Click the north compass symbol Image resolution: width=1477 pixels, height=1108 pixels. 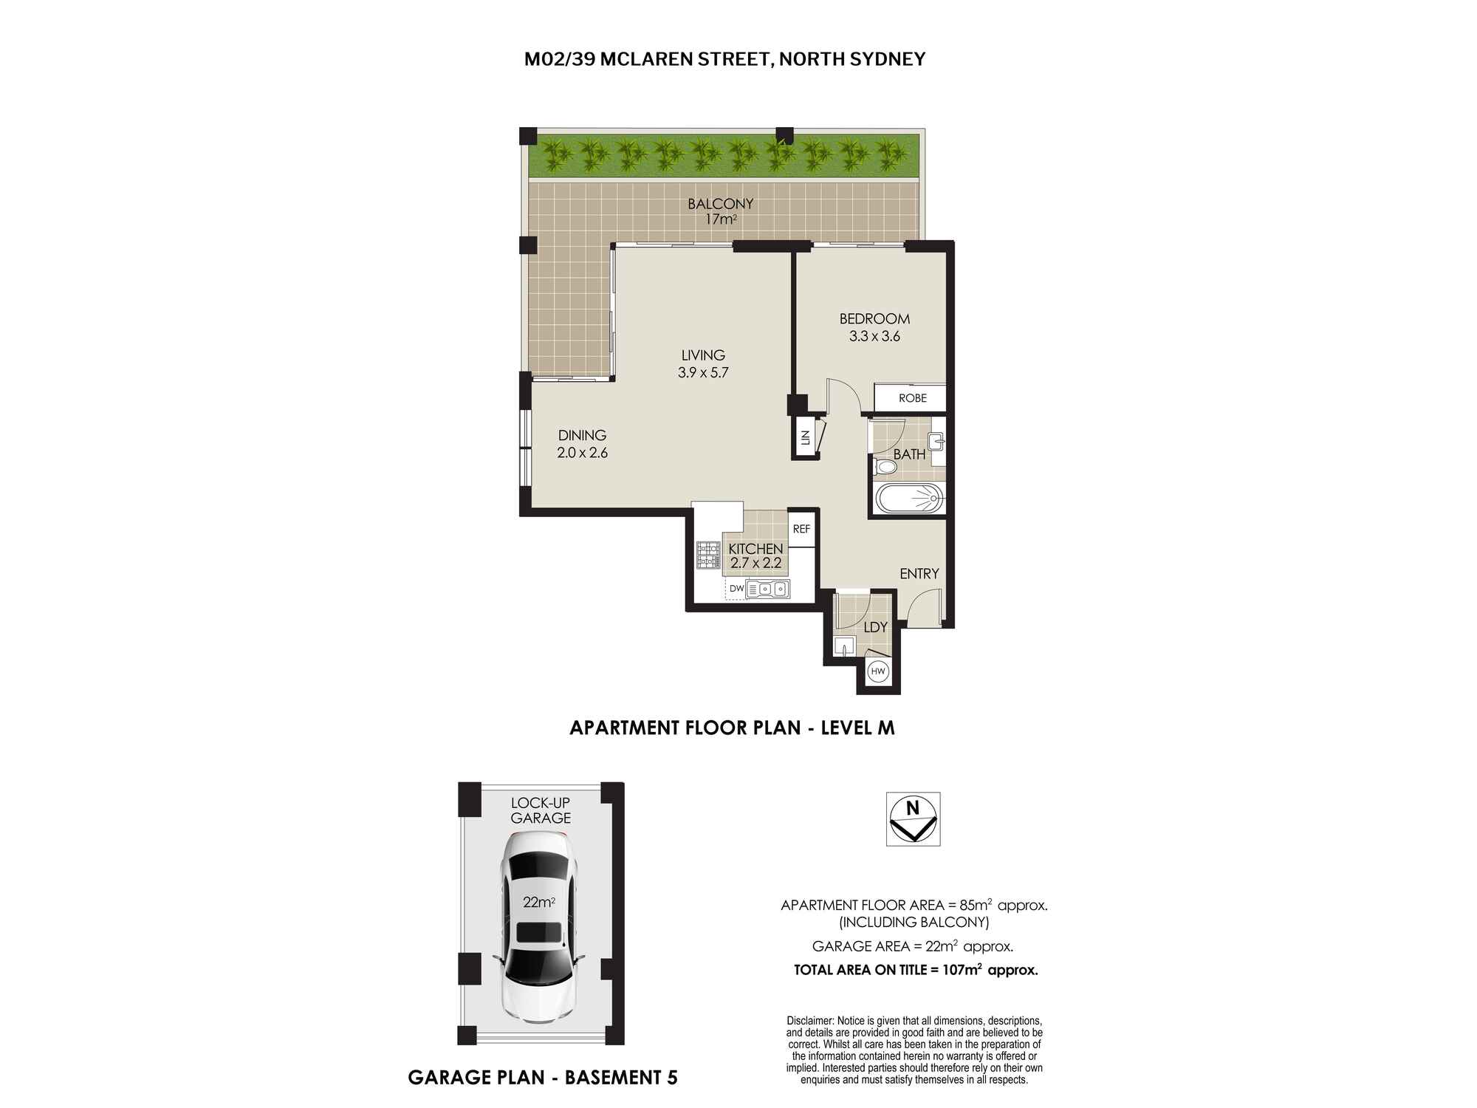[913, 819]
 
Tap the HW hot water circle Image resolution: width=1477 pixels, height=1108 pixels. [878, 671]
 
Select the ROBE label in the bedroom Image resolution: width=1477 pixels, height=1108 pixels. [913, 398]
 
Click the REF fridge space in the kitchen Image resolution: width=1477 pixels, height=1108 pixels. [801, 529]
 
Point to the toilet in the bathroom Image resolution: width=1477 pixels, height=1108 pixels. [884, 468]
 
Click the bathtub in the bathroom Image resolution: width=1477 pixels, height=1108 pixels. [910, 499]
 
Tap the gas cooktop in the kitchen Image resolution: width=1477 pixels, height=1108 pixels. [707, 555]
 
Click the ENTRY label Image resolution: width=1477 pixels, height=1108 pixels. [919, 573]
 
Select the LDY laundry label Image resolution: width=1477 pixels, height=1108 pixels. [875, 627]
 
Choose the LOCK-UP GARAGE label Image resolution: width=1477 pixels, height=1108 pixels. [541, 810]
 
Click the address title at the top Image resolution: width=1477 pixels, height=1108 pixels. [724, 59]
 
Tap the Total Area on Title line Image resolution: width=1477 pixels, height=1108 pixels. [916, 970]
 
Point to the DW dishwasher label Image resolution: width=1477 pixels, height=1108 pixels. [736, 589]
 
